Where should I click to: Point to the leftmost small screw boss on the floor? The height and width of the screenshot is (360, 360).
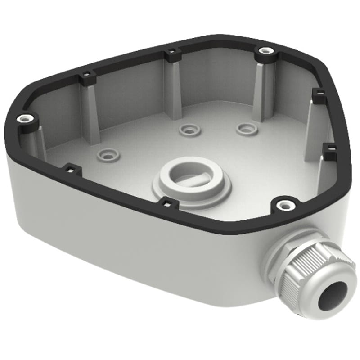point(108,154)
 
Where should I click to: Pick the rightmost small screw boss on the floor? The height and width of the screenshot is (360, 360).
point(246,128)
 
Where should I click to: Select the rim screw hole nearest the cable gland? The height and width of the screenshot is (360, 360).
point(283,205)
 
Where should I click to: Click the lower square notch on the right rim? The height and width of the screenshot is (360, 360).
point(329,150)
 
